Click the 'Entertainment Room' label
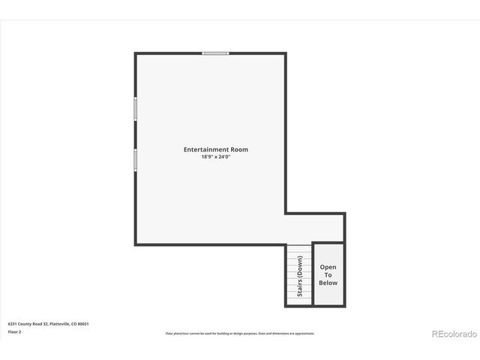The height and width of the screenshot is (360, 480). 215,149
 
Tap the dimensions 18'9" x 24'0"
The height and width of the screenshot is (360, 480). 215,157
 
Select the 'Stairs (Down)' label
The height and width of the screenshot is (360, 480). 299,276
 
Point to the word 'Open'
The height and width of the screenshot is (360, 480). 328,267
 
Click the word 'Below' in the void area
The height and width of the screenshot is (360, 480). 328,283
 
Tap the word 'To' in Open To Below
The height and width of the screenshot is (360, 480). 328,274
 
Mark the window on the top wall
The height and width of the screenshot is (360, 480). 215,53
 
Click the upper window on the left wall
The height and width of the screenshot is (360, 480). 136,109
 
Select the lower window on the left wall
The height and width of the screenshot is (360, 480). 136,160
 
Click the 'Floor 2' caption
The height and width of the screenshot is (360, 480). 14,331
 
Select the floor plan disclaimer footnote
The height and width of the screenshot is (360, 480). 240,333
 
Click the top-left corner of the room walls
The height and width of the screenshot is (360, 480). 136,53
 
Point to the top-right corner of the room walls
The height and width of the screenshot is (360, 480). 285,53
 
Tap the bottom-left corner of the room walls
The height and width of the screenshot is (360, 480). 136,244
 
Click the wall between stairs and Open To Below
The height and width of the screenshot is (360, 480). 312,274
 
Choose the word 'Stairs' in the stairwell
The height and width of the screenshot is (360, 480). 299,287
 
